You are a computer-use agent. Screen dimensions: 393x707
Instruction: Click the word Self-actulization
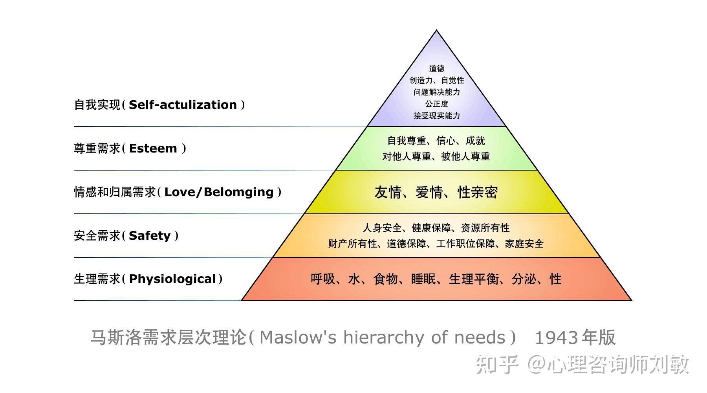coord(183,105)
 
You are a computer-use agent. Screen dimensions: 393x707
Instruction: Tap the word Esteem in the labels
coord(153,149)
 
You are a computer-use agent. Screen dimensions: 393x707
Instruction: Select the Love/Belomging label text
coord(219,192)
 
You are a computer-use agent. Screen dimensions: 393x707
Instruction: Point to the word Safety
coord(149,236)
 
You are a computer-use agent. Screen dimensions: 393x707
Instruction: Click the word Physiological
coord(172,279)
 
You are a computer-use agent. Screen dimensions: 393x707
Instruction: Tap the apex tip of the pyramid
coord(436,31)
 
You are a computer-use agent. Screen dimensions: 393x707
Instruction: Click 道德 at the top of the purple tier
coord(436,69)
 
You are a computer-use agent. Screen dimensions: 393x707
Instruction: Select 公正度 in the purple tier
coord(436,104)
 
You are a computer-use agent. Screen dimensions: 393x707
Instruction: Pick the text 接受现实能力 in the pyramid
coord(436,116)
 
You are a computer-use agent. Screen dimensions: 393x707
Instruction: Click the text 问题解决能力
coord(436,92)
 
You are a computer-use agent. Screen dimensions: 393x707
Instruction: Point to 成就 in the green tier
coord(475,141)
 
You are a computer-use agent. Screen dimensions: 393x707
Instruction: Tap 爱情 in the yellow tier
coord(429,193)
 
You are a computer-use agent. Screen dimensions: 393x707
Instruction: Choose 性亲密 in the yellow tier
coord(478,193)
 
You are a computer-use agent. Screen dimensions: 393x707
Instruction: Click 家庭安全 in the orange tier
coord(524,244)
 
